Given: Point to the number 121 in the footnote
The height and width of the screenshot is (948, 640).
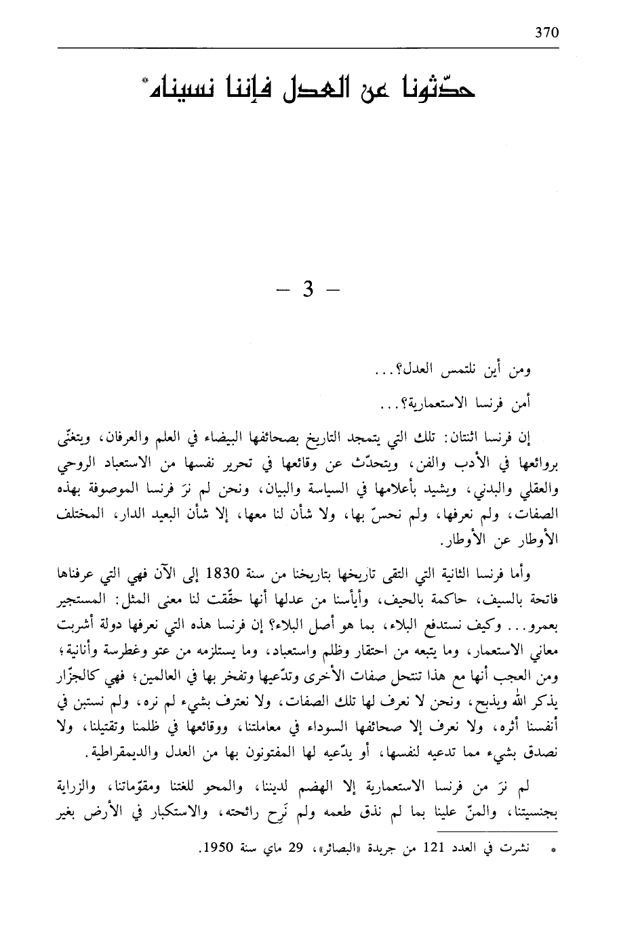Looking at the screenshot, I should point(435,848).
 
